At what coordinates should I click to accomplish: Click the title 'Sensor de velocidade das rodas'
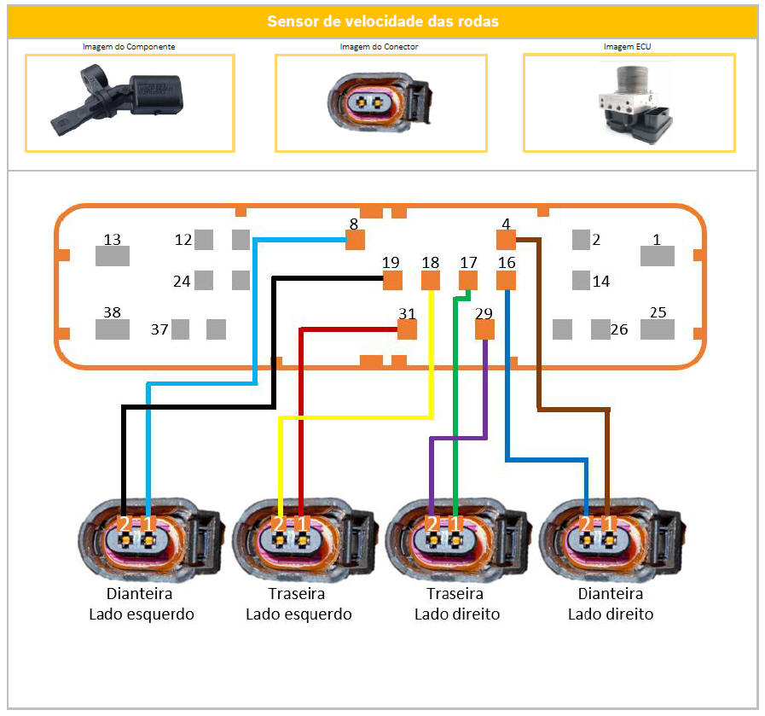pyautogui.click(x=382, y=21)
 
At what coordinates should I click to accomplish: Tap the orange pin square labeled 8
pyautogui.click(x=355, y=240)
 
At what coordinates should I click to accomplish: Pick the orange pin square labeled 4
pyautogui.click(x=507, y=240)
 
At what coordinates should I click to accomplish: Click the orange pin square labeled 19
pyautogui.click(x=392, y=281)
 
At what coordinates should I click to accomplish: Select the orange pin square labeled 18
pyautogui.click(x=431, y=281)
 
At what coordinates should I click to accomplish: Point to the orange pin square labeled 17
pyautogui.click(x=468, y=281)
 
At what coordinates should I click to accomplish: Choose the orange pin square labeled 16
pyautogui.click(x=507, y=281)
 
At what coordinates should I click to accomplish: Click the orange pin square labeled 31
pyautogui.click(x=407, y=329)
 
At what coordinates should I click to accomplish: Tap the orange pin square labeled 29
pyautogui.click(x=484, y=329)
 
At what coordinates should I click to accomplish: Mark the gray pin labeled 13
pyautogui.click(x=112, y=256)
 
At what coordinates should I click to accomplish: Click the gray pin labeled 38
pyautogui.click(x=112, y=329)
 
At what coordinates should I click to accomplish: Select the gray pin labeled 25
pyautogui.click(x=658, y=329)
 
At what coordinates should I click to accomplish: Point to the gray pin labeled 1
pyautogui.click(x=658, y=256)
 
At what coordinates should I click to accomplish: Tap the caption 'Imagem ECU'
pyautogui.click(x=629, y=47)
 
